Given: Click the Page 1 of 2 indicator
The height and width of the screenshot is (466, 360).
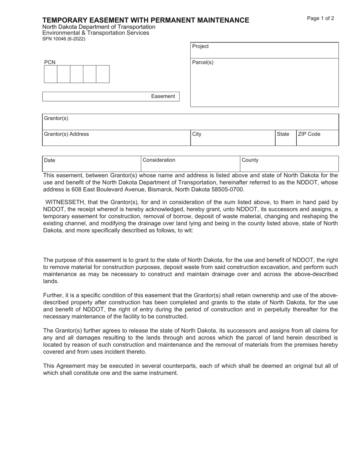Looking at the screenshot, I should [320, 19].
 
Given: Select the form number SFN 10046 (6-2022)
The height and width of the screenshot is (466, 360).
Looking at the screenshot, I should [64, 39].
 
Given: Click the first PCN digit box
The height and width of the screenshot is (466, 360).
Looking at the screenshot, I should [50, 74].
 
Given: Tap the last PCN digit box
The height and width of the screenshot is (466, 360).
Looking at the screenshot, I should [102, 74].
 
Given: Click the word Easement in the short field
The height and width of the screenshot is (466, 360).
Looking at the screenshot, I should [163, 96].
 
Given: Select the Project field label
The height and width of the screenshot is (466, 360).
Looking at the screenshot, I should [200, 46].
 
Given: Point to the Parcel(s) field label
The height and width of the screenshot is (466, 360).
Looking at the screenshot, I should [203, 63].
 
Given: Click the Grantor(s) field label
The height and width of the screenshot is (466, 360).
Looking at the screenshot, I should [56, 118].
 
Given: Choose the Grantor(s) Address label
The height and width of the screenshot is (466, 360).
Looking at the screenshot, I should [66, 134].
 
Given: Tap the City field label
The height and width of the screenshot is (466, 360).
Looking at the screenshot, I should [197, 134].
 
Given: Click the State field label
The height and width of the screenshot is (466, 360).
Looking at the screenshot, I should [283, 134].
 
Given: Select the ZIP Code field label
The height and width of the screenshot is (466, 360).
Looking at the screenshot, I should [309, 134].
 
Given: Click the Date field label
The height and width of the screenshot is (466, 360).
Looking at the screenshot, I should [50, 160].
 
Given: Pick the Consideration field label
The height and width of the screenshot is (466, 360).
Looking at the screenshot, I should [159, 160].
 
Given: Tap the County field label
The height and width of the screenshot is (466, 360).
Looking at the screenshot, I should [250, 160].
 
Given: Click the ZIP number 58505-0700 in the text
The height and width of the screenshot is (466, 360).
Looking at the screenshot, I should [230, 189].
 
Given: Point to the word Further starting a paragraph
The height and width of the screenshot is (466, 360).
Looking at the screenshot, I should [54, 296].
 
